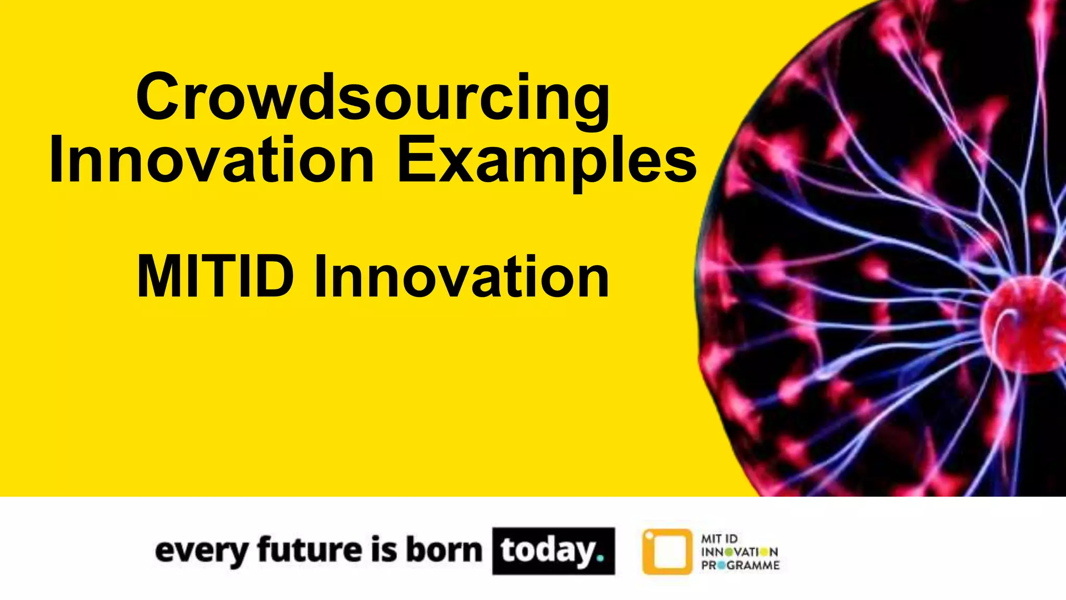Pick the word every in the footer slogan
tap(202, 551)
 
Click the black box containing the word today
tap(553, 551)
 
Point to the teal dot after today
tap(601, 558)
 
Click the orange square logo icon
tap(667, 552)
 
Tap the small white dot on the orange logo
tap(649, 535)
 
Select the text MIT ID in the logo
tap(719, 539)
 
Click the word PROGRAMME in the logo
tap(740, 565)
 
